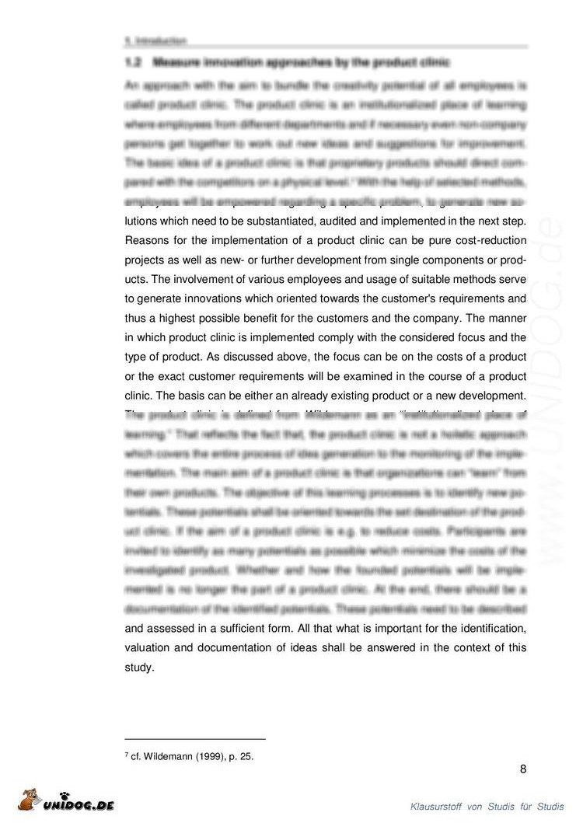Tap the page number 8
[523, 769]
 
